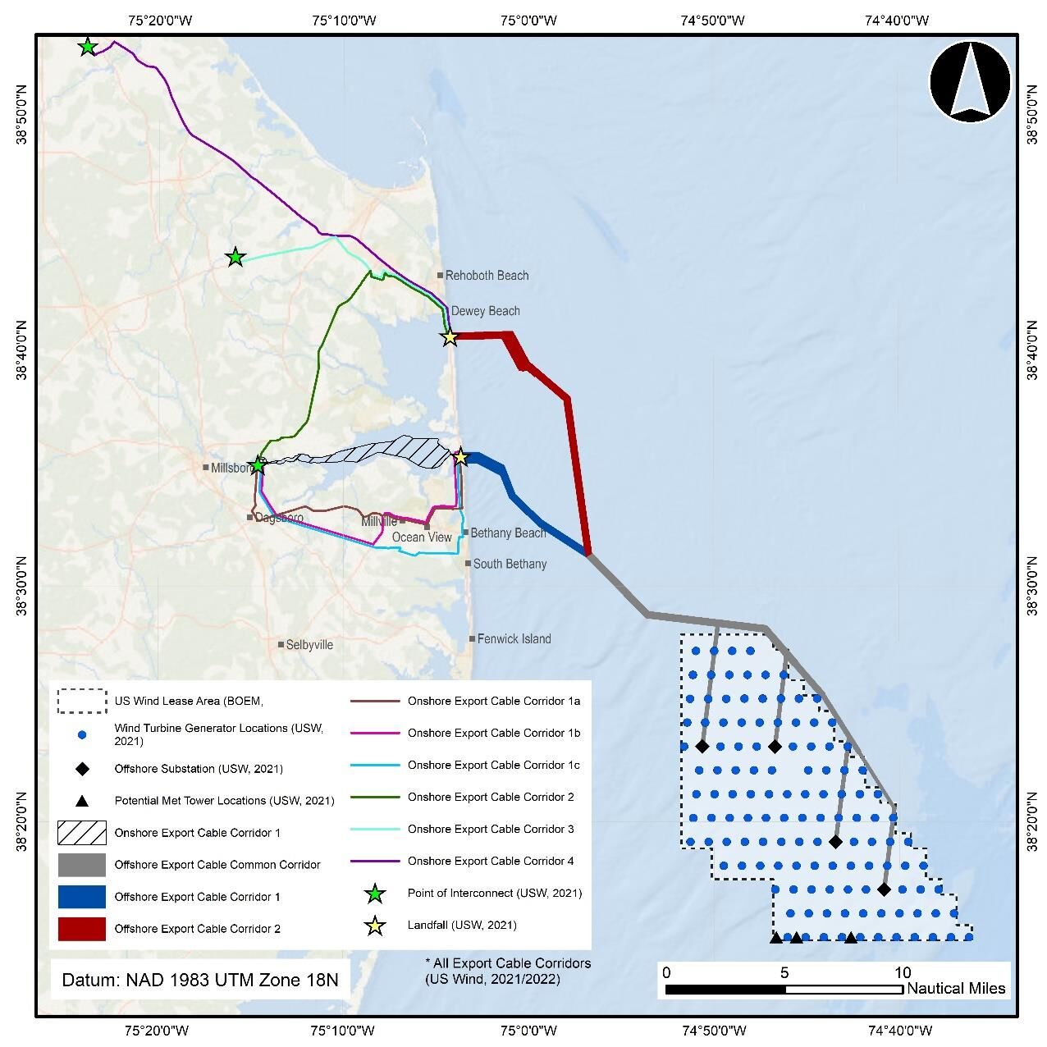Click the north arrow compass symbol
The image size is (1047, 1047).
coord(970,80)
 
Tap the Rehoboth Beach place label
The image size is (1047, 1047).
coord(487,276)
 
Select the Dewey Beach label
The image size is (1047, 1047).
coord(485,311)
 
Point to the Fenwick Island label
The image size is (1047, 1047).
coord(514,638)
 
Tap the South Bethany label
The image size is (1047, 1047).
coord(510,564)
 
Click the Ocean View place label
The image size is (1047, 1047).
coord(422,537)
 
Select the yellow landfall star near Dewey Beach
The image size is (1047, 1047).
coord(450,337)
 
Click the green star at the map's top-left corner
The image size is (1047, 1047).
coord(88,47)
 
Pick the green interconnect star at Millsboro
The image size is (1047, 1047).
coord(258,465)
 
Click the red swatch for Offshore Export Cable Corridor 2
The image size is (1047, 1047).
coord(81,929)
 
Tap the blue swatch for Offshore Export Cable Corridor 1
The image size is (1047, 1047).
coord(81,897)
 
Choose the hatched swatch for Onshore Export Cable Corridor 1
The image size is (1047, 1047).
coord(81,833)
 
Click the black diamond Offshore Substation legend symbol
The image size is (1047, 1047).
coord(81,769)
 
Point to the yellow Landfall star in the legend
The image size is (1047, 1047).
coord(375,926)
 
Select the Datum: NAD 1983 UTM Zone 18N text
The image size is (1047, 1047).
coord(200,980)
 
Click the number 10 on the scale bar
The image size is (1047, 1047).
coord(902,972)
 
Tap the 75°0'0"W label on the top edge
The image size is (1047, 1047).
coord(528,20)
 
